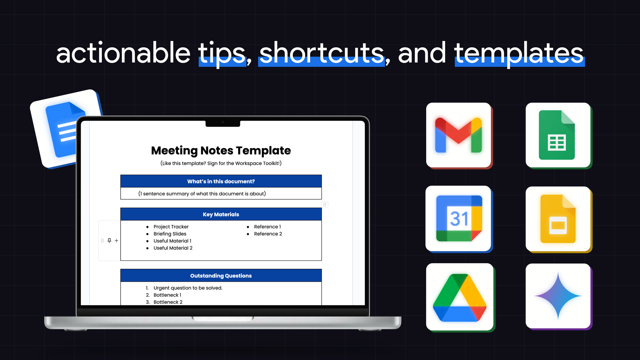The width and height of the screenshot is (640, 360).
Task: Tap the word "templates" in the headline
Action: click(519, 54)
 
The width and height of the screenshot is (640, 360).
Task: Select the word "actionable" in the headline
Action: click(124, 52)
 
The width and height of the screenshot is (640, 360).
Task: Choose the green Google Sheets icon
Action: click(558, 135)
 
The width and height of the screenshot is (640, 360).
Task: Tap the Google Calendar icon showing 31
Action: click(459, 219)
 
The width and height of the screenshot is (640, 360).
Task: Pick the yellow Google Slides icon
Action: click(558, 219)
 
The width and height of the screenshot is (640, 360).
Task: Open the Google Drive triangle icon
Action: click(460, 297)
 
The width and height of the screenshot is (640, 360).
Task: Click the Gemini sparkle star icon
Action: click(558, 296)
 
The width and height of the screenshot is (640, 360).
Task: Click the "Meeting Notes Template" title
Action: click(221, 150)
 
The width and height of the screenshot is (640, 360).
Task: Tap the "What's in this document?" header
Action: click(221, 181)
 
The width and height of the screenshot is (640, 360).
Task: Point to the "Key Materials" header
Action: click(221, 214)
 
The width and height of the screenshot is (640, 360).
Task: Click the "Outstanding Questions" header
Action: click(221, 276)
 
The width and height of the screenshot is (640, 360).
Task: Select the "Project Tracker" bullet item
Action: click(171, 227)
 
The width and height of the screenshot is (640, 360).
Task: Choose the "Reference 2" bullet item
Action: click(268, 234)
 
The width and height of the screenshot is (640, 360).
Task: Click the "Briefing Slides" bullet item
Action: click(170, 234)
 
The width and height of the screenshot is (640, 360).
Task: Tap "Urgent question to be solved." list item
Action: click(188, 288)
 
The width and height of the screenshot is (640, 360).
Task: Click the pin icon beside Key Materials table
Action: click(109, 240)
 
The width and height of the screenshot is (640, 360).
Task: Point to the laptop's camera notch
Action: click(223, 123)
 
